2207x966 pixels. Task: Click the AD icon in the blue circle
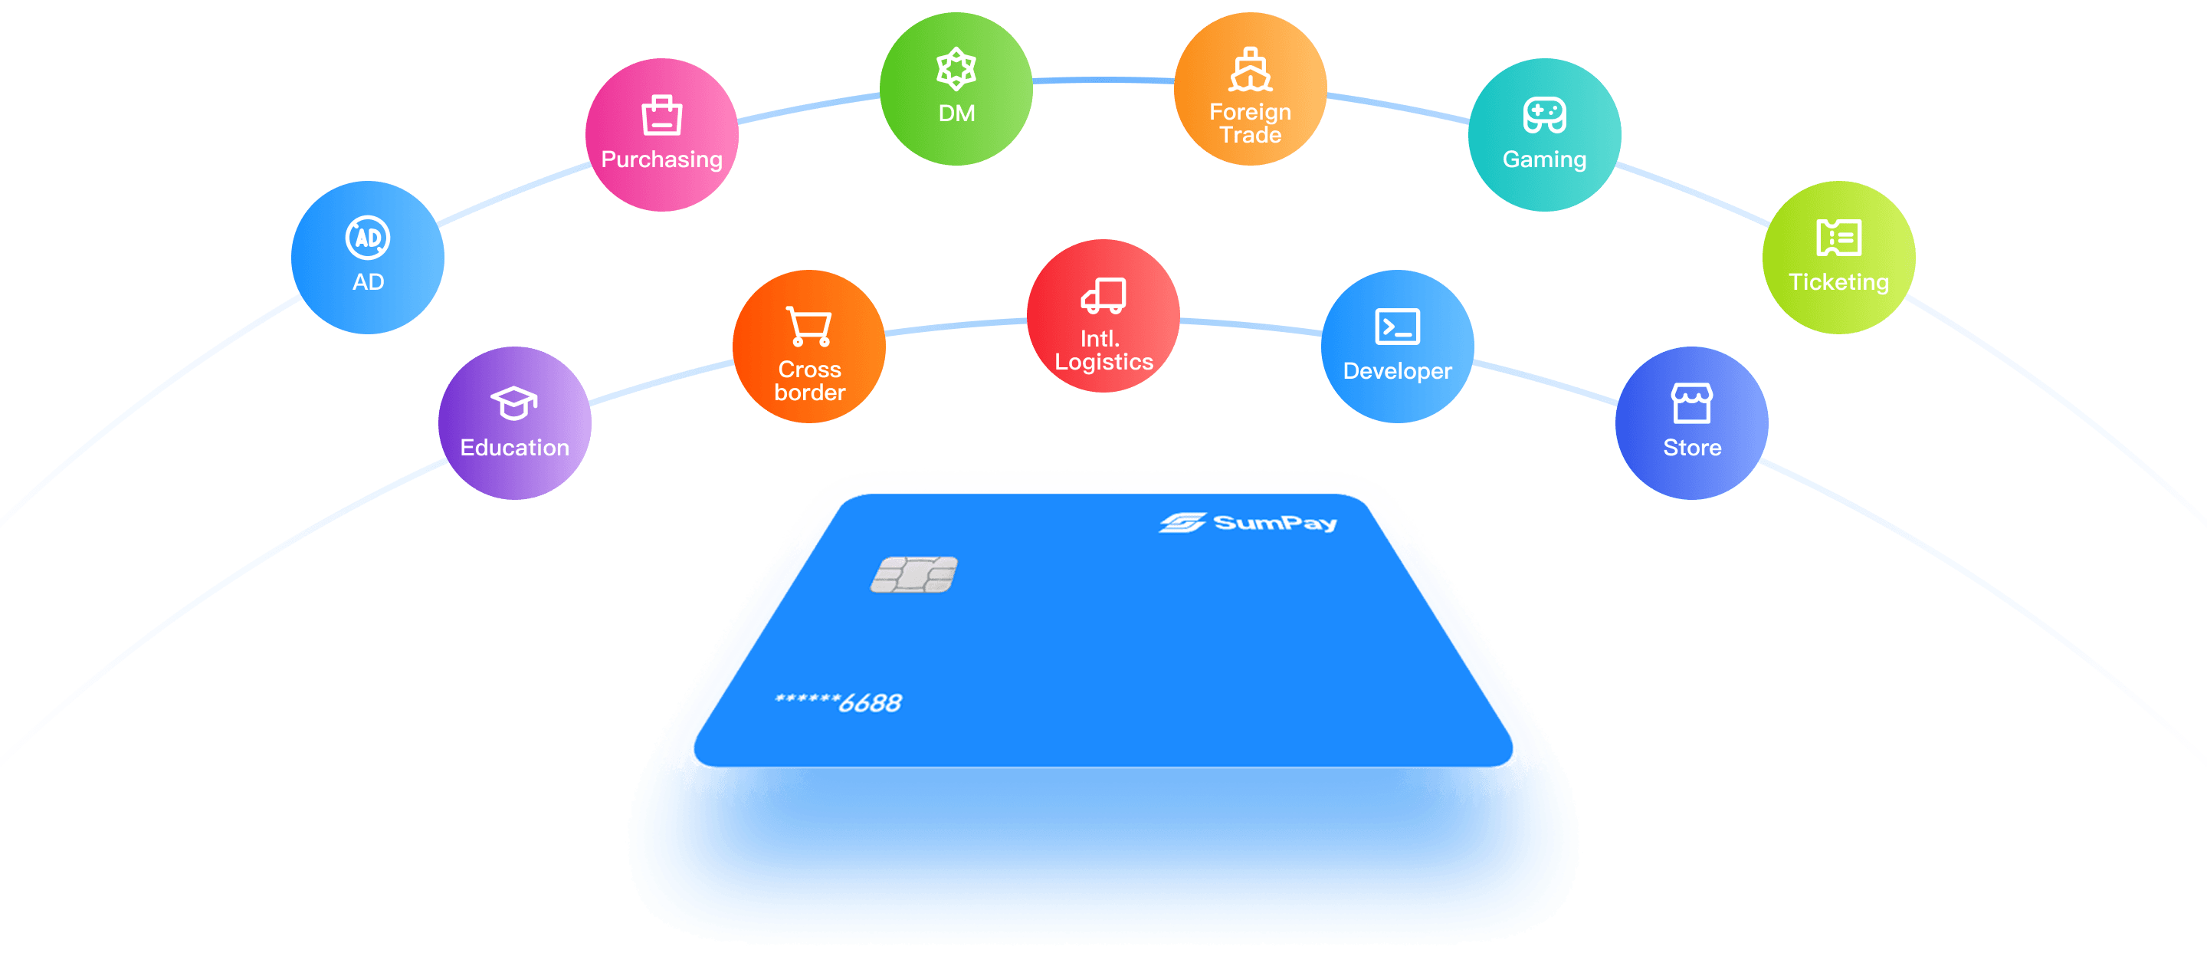point(368,238)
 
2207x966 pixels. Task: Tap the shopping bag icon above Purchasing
point(661,115)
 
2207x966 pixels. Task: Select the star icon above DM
point(956,68)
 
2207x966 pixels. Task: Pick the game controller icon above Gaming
point(1544,115)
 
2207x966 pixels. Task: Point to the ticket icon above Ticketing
point(1838,238)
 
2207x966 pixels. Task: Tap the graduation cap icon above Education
point(514,402)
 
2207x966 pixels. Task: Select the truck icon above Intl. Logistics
point(1103,296)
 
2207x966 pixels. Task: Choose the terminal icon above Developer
point(1397,327)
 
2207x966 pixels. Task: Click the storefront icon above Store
point(1691,402)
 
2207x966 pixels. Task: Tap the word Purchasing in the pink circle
point(661,160)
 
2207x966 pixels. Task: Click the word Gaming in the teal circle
point(1544,160)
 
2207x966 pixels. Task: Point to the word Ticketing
point(1838,282)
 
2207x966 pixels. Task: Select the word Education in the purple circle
point(514,448)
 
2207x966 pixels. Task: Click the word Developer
point(1397,371)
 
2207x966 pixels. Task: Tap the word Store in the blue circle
point(1691,448)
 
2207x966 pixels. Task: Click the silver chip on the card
point(913,574)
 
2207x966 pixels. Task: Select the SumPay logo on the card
point(1248,522)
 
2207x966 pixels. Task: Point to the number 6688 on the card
point(870,703)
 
